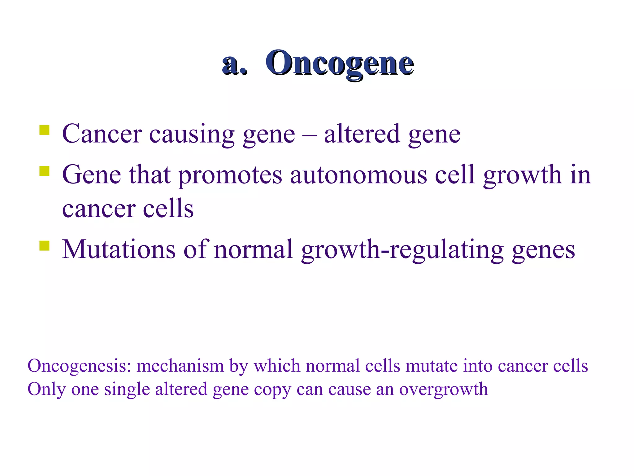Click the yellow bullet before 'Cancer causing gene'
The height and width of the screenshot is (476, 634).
point(44,130)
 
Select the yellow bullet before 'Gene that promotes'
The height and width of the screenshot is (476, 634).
point(44,171)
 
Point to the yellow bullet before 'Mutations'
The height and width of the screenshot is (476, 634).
point(44,245)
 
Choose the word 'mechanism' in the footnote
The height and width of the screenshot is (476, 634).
point(180,366)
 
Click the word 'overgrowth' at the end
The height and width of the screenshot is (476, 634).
point(444,390)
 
